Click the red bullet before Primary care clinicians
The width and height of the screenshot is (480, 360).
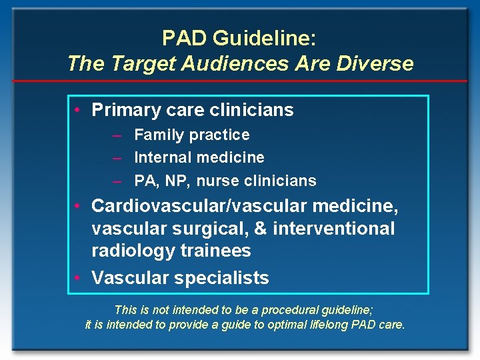coord(78,110)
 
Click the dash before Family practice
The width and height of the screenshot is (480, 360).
coord(117,135)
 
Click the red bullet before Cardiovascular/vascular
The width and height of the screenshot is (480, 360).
coord(78,206)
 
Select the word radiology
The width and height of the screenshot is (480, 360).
coord(131,251)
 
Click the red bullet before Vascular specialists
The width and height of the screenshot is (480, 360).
coord(78,278)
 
